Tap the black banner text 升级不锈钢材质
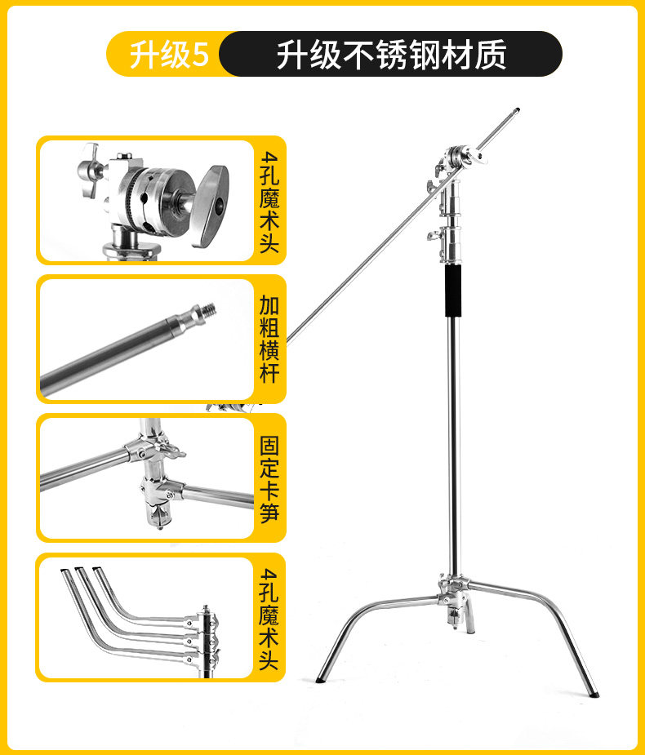(391, 55)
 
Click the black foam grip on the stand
(453, 291)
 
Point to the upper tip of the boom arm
(517, 110)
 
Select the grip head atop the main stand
(460, 160)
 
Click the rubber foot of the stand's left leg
(321, 680)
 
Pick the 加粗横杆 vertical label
(269, 339)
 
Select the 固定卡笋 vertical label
(269, 478)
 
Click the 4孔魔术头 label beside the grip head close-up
(269, 202)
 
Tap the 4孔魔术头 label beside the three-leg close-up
(269, 619)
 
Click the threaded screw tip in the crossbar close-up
(208, 309)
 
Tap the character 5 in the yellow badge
(200, 55)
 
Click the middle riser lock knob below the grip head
(434, 235)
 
